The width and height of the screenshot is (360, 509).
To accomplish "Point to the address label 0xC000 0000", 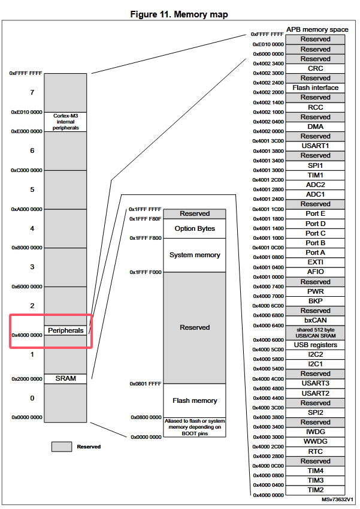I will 27,170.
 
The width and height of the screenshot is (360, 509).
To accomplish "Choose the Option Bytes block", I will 195,228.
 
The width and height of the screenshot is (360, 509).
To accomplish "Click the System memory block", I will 195,255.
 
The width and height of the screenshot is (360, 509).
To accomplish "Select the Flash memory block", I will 195,400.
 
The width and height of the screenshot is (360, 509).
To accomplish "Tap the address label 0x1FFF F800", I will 146,238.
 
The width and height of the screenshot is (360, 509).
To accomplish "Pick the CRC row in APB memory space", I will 315,68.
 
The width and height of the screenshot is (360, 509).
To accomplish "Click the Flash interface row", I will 315,88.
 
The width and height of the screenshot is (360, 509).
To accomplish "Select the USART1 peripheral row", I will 315,146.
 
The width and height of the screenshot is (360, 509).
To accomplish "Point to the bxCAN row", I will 315,321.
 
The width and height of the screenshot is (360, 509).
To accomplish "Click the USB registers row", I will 315,345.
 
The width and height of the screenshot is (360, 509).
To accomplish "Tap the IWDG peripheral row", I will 315,432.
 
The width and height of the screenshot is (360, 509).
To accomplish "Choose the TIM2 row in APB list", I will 315,490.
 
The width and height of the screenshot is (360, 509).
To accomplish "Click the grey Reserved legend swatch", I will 61,446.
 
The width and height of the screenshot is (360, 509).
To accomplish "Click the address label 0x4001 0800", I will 268,257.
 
